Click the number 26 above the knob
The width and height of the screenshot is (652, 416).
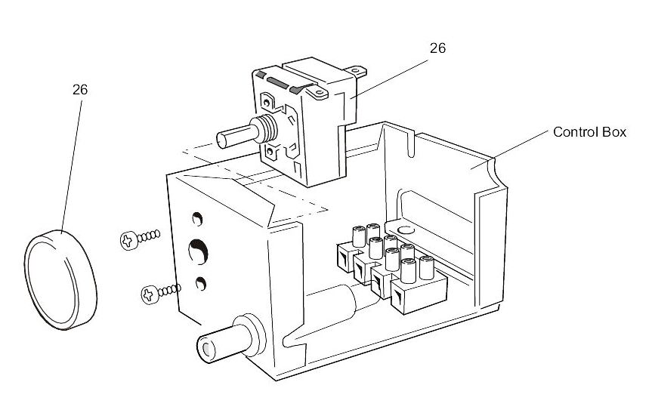80,89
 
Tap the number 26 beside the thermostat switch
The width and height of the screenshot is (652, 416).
437,48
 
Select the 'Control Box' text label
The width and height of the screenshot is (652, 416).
590,132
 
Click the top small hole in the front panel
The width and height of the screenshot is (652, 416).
197,220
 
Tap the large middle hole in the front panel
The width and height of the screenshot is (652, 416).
198,251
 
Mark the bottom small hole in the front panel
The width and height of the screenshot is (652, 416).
201,283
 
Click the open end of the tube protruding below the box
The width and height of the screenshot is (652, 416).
205,347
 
